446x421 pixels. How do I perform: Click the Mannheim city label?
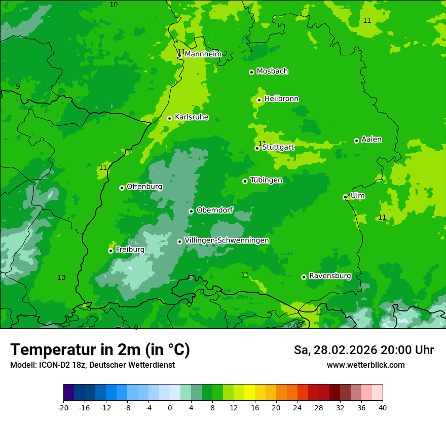click(x=203, y=54)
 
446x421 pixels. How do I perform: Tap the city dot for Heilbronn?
click(x=259, y=100)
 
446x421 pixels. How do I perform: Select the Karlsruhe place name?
click(x=192, y=117)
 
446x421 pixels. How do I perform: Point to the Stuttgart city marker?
click(x=257, y=148)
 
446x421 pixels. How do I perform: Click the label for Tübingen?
click(x=266, y=180)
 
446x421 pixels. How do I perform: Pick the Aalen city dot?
click(x=356, y=141)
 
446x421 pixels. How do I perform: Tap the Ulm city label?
click(x=357, y=196)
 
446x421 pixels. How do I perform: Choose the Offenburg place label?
click(x=144, y=187)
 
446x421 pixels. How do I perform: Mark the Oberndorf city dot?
click(x=191, y=211)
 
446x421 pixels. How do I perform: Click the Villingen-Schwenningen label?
click(x=227, y=240)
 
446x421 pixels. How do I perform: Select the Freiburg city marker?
click(x=110, y=251)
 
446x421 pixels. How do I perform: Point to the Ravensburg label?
click(x=330, y=276)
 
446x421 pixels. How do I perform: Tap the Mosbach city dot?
click(x=251, y=72)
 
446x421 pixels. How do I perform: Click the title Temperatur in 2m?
click(x=100, y=350)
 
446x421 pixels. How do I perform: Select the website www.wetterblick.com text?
click(x=365, y=365)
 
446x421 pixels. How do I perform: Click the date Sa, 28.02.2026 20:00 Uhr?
click(x=363, y=350)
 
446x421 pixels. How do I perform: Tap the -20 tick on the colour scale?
click(x=63, y=407)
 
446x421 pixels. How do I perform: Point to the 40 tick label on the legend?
click(x=383, y=407)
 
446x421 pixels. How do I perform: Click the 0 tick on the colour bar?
click(x=170, y=407)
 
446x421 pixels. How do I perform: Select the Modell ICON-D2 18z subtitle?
click(x=92, y=365)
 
